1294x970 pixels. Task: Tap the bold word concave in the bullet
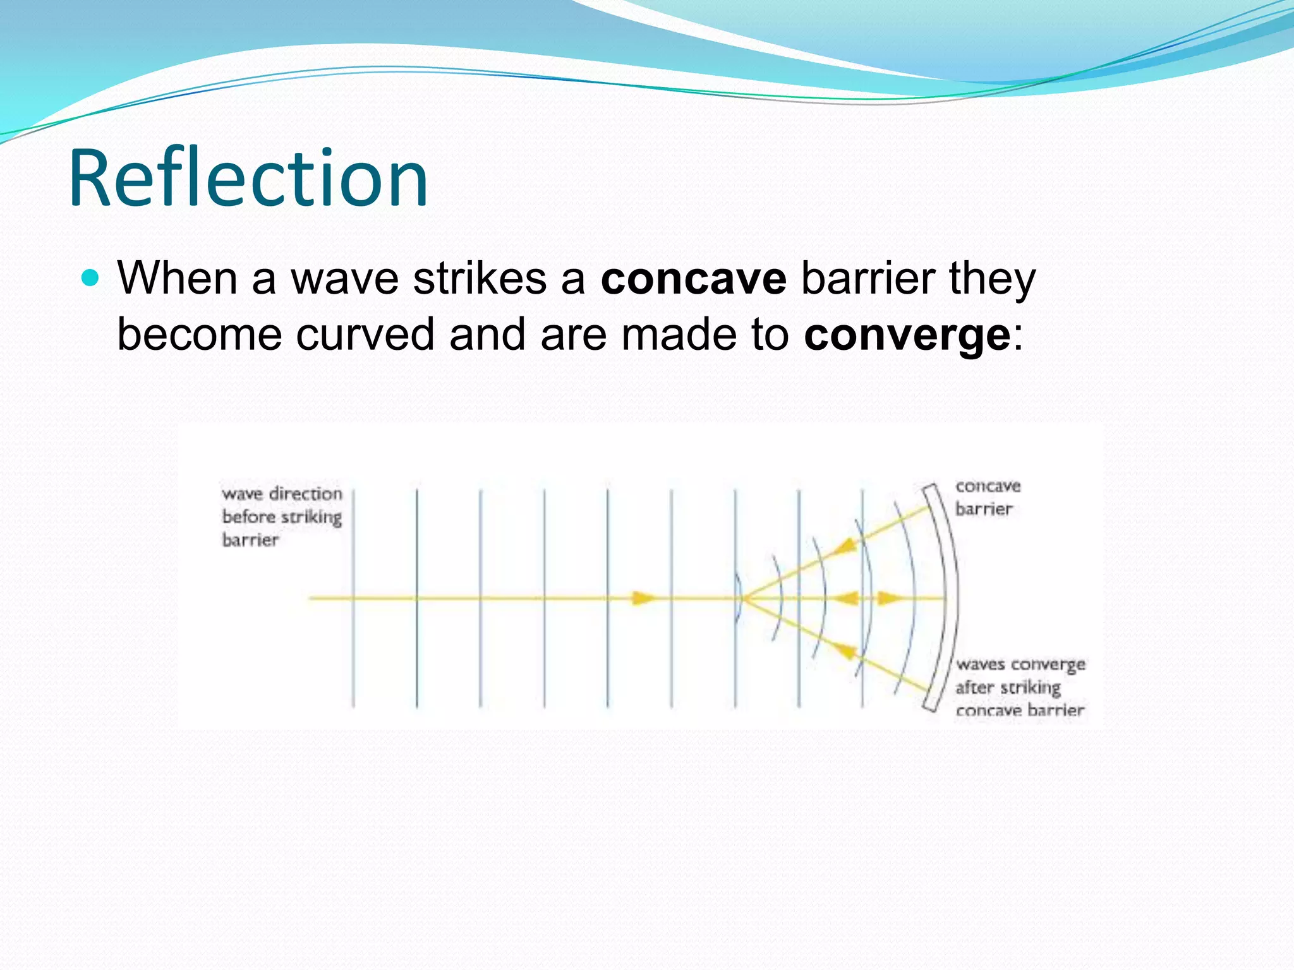(693, 278)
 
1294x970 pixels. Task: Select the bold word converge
(907, 334)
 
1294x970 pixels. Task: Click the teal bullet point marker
(91, 278)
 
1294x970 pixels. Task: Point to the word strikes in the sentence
(480, 278)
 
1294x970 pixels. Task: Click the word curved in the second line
(365, 334)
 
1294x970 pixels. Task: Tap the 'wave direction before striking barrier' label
(281, 517)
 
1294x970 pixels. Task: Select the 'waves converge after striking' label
(1019, 687)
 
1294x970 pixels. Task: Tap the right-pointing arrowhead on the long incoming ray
(644, 597)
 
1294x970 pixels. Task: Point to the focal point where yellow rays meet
(744, 598)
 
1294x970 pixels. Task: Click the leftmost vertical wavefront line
(353, 597)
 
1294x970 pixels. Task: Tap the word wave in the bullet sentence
(344, 278)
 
